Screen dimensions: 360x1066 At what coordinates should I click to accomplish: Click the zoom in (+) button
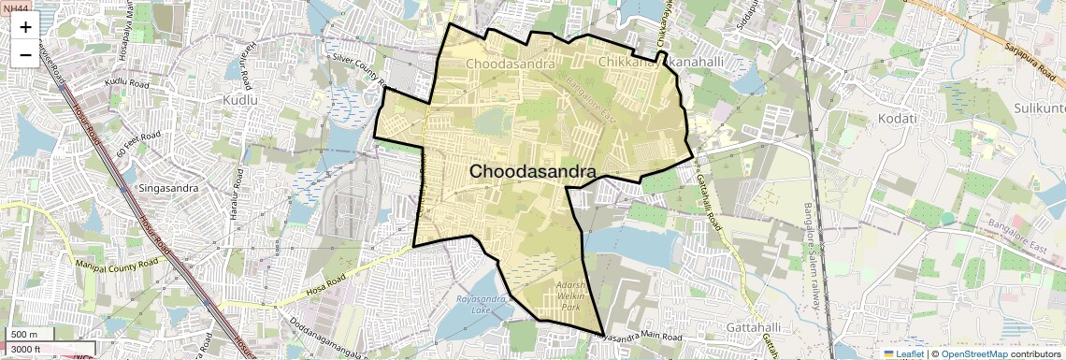(25, 27)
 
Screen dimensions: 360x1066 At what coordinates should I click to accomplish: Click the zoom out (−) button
(25, 53)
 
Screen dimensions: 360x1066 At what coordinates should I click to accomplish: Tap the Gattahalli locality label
(753, 327)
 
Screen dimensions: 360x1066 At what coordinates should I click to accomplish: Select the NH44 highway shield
(16, 7)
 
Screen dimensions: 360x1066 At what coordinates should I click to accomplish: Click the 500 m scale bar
(28, 334)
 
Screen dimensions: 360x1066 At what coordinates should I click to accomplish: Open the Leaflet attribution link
(903, 353)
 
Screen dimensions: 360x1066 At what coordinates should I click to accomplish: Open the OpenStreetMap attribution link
(974, 353)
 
